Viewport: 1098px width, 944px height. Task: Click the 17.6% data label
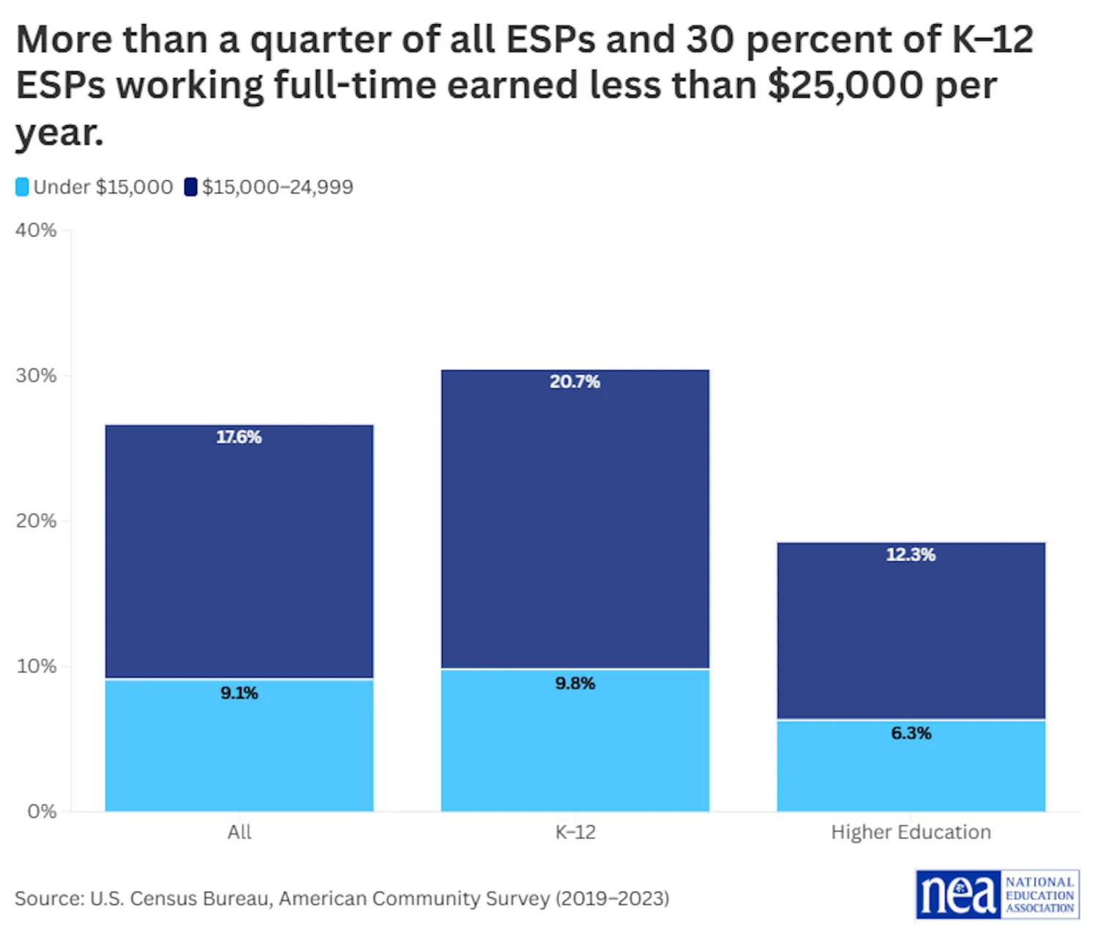click(x=239, y=437)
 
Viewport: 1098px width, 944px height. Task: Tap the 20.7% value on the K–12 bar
click(x=575, y=382)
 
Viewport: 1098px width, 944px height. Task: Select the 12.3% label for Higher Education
click(x=911, y=554)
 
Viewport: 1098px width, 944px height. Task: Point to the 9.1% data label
click(x=239, y=693)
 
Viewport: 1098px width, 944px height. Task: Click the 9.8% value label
click(x=575, y=683)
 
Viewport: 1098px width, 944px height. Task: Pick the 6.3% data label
click(x=911, y=733)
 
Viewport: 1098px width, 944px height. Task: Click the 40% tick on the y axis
click(x=36, y=230)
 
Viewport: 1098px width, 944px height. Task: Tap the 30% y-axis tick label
click(x=36, y=376)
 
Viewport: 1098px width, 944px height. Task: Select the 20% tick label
click(x=36, y=521)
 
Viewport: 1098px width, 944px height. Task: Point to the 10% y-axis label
click(x=36, y=666)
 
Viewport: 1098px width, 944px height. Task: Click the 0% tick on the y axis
click(x=42, y=811)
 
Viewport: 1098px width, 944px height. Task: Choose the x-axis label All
click(x=239, y=832)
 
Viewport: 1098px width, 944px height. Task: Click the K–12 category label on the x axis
click(x=575, y=832)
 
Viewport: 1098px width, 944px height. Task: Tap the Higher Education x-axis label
click(x=911, y=832)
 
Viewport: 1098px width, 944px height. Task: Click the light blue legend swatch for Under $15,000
click(x=22, y=187)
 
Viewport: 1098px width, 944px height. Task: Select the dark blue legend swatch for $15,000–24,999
click(x=190, y=187)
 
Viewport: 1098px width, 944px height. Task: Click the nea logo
click(x=997, y=894)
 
